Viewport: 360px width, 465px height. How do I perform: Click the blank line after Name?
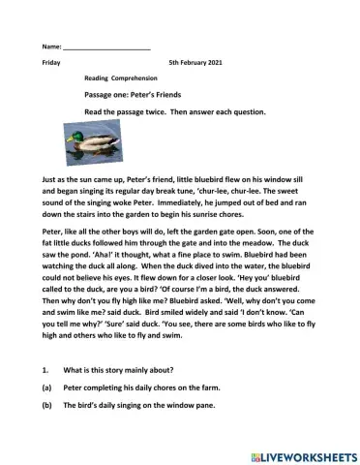tap(106, 46)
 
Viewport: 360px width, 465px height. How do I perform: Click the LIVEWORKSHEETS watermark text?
tap(307, 452)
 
